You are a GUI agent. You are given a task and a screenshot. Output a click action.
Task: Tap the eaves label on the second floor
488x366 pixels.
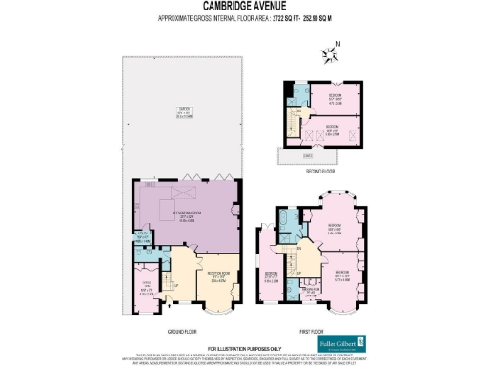[308, 154]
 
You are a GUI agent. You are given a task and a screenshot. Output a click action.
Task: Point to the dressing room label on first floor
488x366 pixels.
[322, 294]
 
